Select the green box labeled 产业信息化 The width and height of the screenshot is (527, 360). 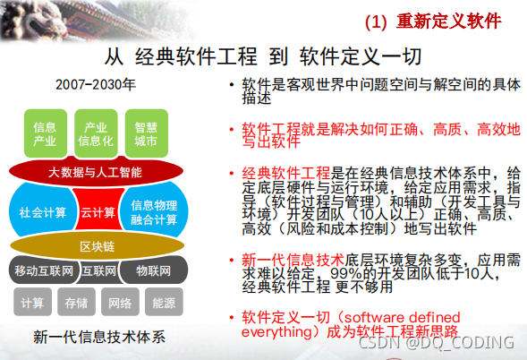pyautogui.click(x=95, y=134)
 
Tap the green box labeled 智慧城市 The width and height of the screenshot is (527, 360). pyautogui.click(x=146, y=134)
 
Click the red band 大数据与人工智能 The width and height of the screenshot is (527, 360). pyautogui.click(x=95, y=170)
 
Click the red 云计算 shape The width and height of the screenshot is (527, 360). pyautogui.click(x=97, y=213)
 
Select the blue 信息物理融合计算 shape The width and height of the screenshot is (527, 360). pyautogui.click(x=149, y=212)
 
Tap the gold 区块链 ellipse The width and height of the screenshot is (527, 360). pyautogui.click(x=97, y=245)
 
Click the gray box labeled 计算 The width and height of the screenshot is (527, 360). pyautogui.click(x=32, y=303)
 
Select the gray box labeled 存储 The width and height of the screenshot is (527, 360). pyautogui.click(x=75, y=303)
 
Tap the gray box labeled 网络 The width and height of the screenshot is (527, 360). pyautogui.click(x=120, y=303)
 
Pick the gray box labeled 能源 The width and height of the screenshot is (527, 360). pyautogui.click(x=163, y=303)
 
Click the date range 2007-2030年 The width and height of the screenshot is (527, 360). pyautogui.click(x=95, y=86)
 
